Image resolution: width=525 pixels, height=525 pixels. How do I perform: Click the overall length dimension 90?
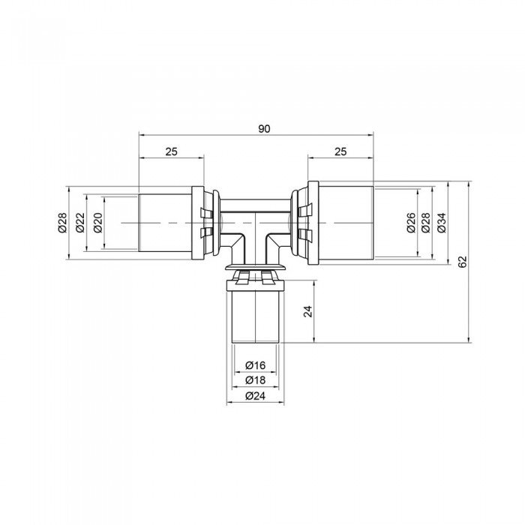[264, 128]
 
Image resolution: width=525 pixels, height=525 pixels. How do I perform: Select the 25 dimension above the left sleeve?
[171, 151]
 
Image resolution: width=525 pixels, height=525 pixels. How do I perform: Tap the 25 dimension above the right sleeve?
[340, 151]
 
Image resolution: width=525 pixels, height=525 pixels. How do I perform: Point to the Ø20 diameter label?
[97, 223]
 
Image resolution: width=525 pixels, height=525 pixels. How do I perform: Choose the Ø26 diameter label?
[410, 223]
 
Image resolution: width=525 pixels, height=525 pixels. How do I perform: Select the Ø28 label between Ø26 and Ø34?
[426, 223]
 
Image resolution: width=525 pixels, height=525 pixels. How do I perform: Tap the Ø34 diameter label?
[442, 223]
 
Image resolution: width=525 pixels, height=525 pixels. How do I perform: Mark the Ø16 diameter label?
[256, 365]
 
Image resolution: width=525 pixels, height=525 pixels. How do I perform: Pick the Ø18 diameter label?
[256, 380]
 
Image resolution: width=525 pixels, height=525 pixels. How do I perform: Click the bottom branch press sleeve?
[256, 315]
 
